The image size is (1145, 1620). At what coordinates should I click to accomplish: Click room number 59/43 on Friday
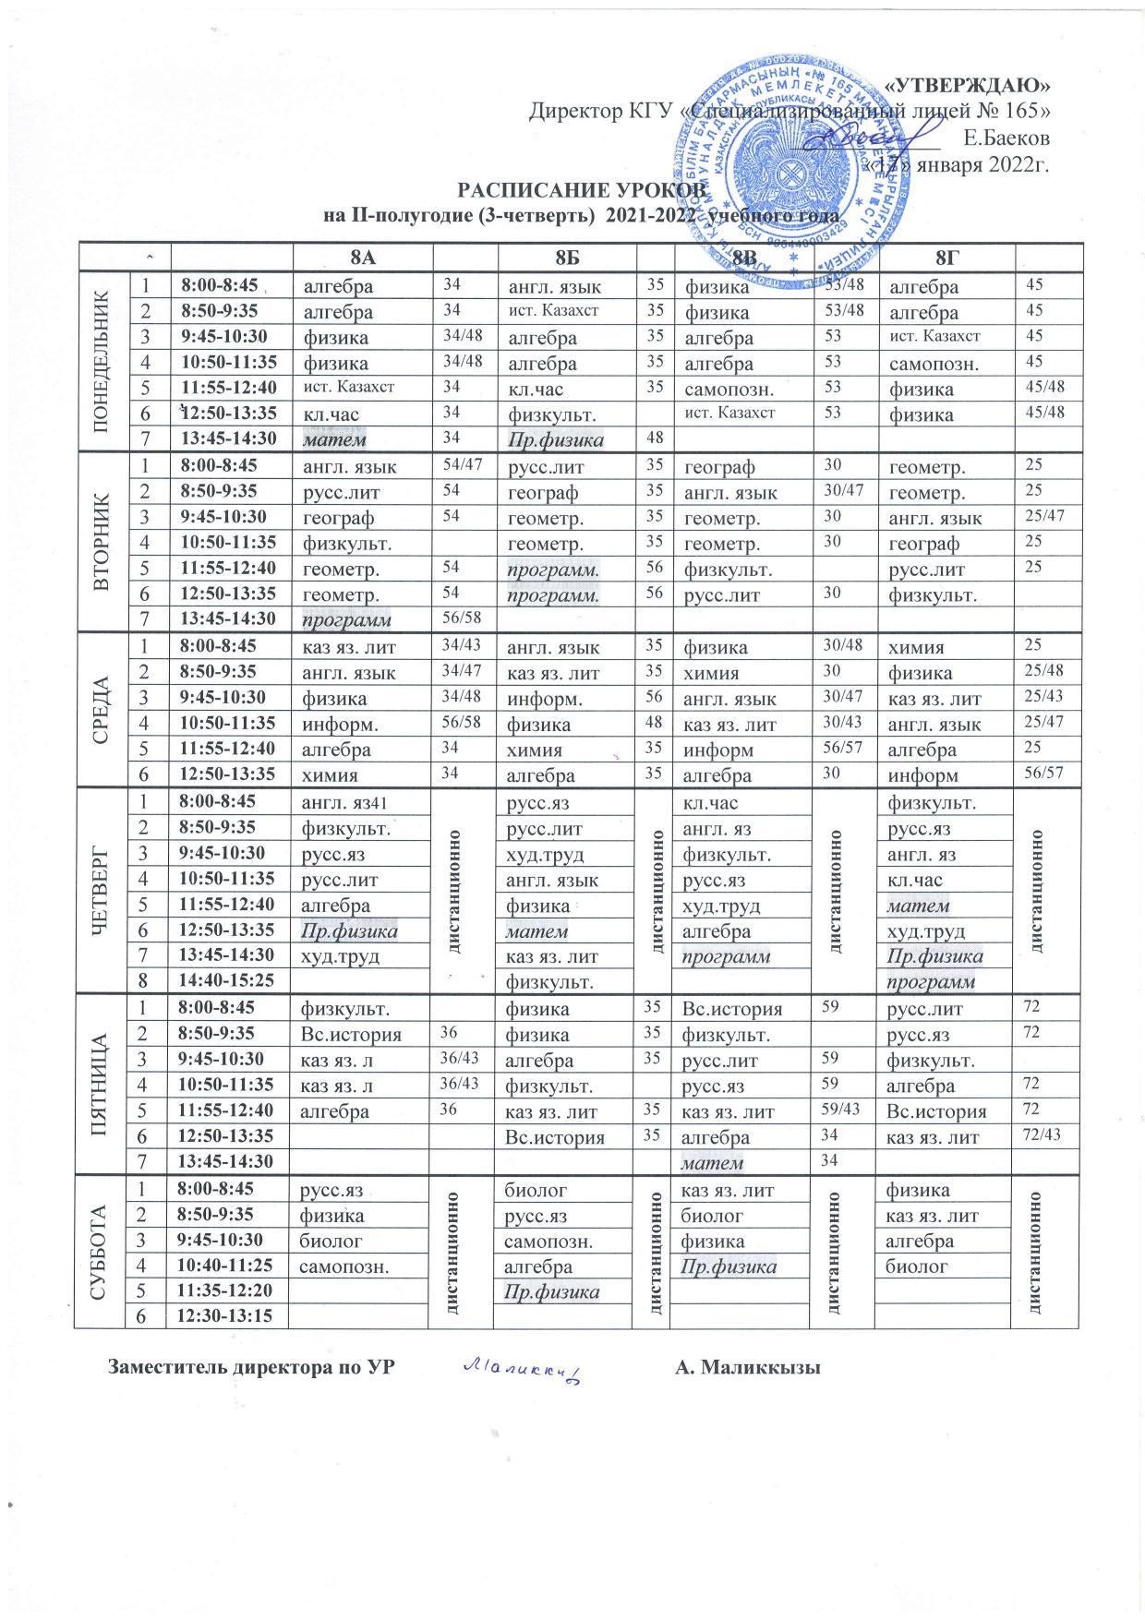pos(842,1110)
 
